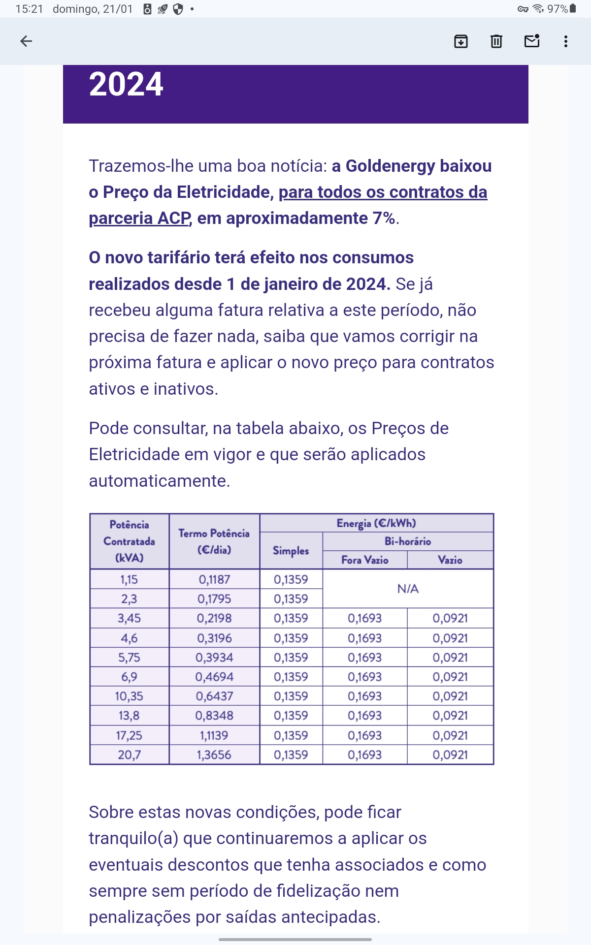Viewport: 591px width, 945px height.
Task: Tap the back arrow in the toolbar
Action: [26, 41]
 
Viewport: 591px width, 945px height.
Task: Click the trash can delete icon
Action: [496, 41]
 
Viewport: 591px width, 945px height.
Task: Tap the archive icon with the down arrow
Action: [460, 41]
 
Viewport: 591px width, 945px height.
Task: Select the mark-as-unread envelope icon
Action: [532, 41]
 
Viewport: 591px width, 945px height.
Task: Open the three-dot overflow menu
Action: [566, 41]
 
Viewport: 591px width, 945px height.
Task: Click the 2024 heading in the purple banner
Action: [126, 84]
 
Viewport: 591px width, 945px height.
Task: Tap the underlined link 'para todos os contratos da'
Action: [383, 192]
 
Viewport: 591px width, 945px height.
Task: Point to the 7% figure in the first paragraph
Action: [384, 218]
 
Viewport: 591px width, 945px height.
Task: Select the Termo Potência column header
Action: [214, 541]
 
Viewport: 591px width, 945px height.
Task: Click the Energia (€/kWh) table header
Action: [376, 523]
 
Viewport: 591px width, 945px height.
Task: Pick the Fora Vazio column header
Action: [365, 560]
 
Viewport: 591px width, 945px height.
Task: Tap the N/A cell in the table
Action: [408, 589]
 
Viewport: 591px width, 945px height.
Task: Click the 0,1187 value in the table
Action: [214, 580]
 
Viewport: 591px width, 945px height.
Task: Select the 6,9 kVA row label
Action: [129, 677]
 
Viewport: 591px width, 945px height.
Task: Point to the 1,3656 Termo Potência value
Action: [214, 755]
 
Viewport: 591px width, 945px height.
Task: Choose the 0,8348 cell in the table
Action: [214, 716]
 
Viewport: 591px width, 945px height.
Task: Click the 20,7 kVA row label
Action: [129, 755]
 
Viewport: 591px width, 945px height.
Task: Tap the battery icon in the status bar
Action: [573, 9]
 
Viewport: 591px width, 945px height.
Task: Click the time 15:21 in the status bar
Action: [30, 9]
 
